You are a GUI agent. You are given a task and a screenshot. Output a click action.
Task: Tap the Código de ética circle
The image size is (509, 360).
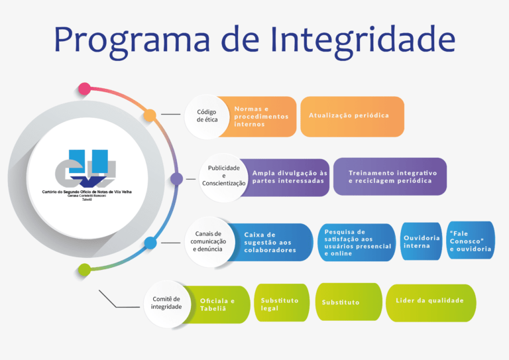coord(207,116)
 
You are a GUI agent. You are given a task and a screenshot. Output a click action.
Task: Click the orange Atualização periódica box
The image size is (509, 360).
coord(352,116)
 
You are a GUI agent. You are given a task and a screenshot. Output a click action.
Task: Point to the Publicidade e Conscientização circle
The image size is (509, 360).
coord(223,176)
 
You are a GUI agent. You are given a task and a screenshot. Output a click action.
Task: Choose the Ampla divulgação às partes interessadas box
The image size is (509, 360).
coord(290,177)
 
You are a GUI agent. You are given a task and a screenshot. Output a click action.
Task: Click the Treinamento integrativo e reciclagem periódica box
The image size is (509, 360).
coord(390,176)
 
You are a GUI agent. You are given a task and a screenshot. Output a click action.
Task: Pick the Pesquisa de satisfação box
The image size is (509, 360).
coord(357,242)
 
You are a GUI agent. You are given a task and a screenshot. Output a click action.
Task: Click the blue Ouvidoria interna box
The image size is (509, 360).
coord(422,241)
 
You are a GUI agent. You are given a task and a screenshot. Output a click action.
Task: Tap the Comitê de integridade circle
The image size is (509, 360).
coord(166,303)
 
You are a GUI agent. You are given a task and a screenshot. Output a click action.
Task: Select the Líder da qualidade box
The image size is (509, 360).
coord(431,302)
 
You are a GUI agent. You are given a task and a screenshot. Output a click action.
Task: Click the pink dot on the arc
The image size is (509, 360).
coord(84,88)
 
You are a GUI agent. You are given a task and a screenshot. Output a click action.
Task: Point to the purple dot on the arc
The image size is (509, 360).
coord(176,178)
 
